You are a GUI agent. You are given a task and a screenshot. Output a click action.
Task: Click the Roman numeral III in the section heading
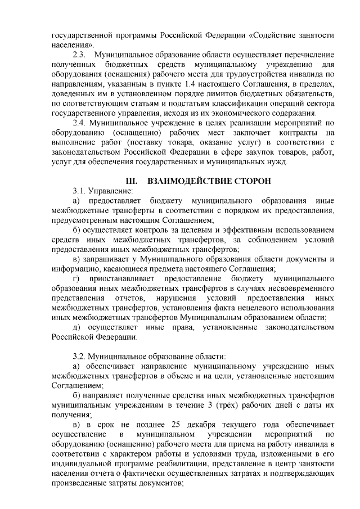point(130,181)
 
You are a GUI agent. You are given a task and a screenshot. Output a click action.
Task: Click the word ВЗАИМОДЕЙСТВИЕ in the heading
point(190,181)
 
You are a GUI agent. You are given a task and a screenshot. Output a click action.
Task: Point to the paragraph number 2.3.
point(80,55)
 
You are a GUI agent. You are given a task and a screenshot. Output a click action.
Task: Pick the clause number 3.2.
point(80,356)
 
